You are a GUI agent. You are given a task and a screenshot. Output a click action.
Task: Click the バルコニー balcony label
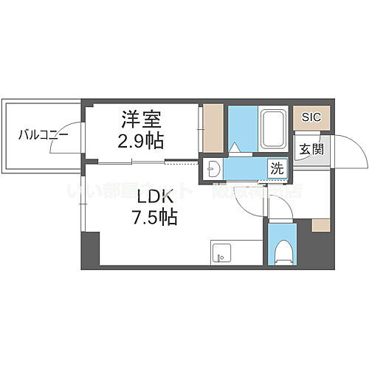click(x=44, y=135)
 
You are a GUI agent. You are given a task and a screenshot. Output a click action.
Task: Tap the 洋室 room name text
click(x=139, y=119)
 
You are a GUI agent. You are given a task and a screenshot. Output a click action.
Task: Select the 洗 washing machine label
click(x=275, y=168)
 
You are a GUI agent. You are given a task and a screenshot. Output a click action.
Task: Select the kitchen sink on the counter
click(x=219, y=255)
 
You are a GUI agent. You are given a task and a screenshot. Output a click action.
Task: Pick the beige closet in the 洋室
click(x=213, y=128)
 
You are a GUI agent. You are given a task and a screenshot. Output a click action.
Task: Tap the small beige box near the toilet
click(x=320, y=225)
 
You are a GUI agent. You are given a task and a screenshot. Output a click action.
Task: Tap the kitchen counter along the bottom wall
click(x=236, y=252)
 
